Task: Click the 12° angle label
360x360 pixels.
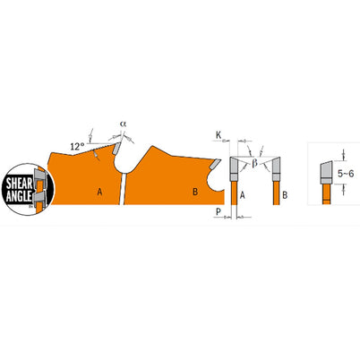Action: (78, 144)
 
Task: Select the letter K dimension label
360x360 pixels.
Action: (218, 135)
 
